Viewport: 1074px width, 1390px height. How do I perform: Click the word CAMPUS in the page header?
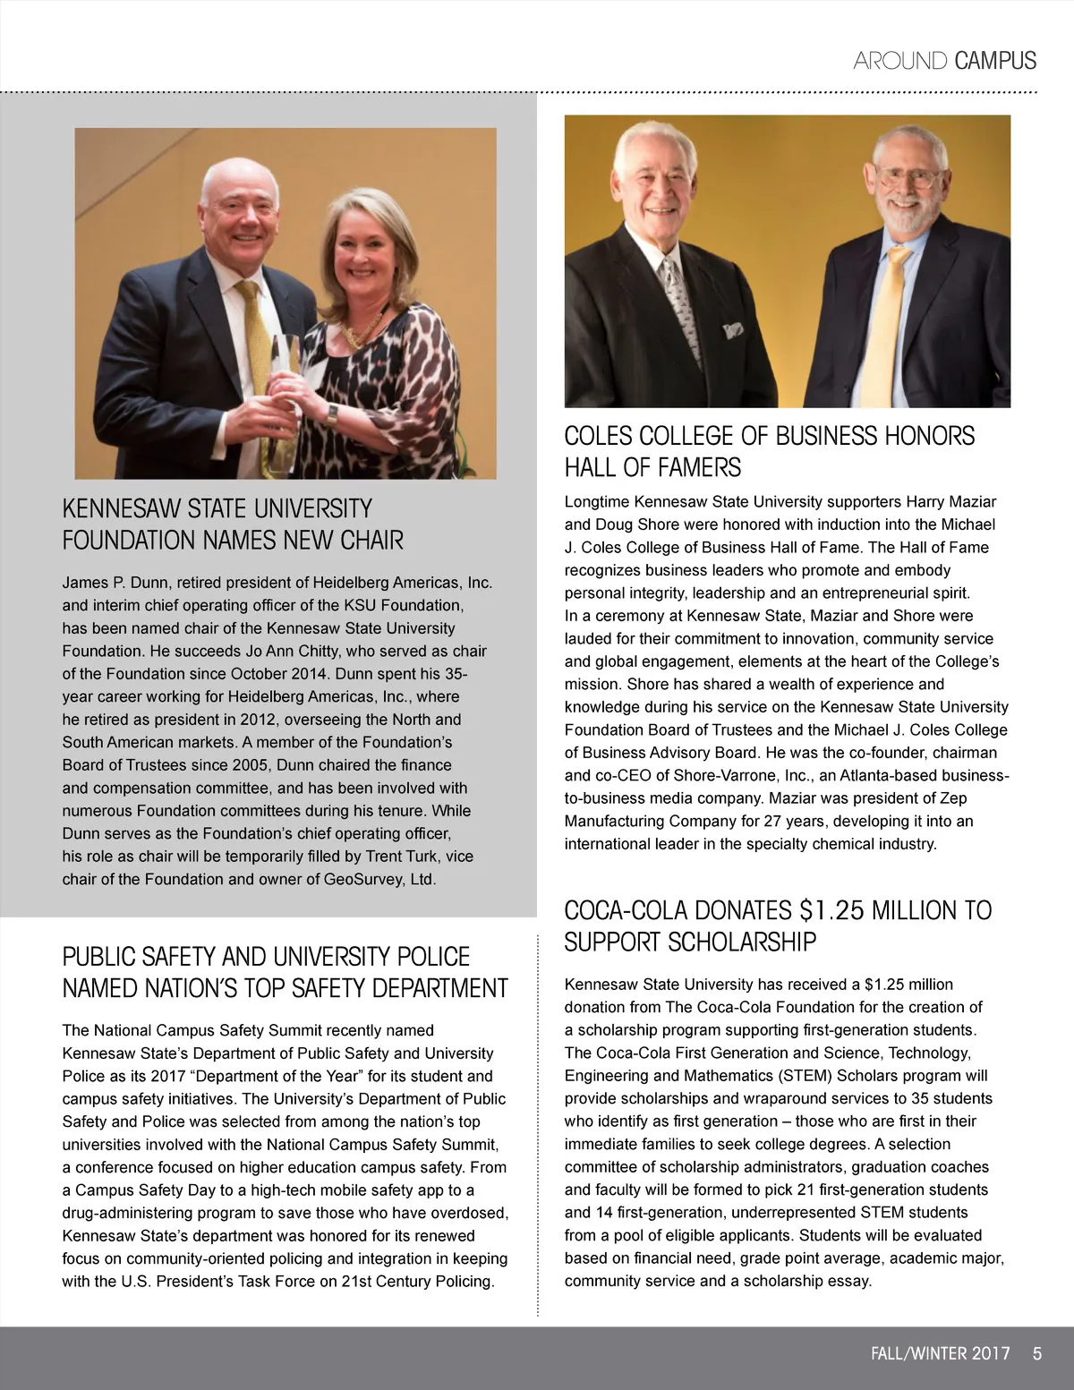[995, 61]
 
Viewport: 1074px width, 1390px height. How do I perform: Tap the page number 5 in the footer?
[1036, 1353]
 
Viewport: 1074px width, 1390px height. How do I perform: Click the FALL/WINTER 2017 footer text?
[940, 1353]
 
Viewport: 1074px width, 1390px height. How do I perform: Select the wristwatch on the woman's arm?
[333, 415]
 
